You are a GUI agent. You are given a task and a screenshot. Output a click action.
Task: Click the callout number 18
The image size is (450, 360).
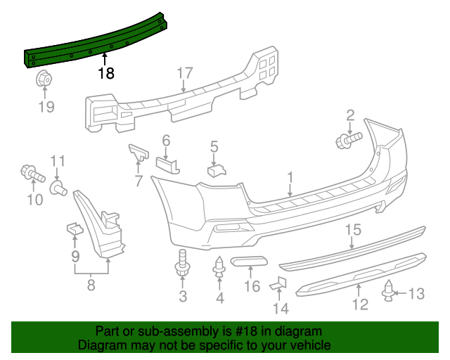[106, 73]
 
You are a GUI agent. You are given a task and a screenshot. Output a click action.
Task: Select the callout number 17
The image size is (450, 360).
[184, 72]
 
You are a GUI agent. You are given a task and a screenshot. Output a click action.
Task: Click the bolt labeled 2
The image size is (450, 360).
[348, 139]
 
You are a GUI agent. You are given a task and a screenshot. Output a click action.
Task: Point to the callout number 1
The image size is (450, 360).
[290, 177]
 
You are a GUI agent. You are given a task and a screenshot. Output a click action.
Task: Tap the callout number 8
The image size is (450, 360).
[91, 285]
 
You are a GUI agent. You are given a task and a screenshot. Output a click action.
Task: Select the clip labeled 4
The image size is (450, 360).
[219, 268]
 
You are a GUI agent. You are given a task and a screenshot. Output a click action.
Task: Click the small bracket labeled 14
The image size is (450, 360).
[280, 284]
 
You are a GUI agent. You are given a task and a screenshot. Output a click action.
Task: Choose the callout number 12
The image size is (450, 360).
[360, 304]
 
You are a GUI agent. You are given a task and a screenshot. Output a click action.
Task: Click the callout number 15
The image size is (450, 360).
[352, 229]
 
